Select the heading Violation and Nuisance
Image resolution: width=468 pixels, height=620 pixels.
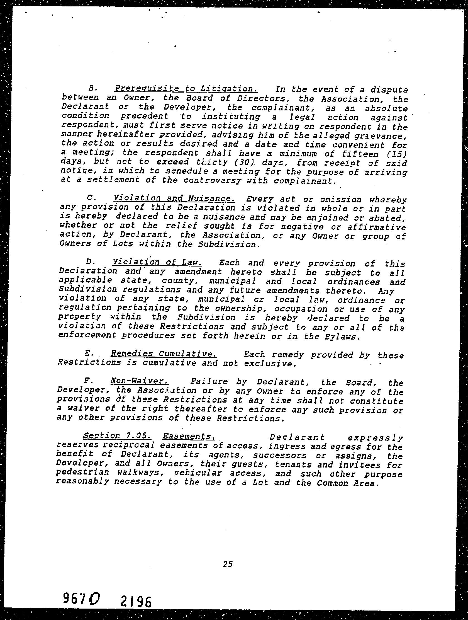coord(174,198)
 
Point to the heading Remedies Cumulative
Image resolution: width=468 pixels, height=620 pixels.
coord(164,354)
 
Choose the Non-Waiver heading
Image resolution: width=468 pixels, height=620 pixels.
coord(140,381)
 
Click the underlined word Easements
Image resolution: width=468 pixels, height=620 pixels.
coord(189,436)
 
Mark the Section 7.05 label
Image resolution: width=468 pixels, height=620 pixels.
coord(117,436)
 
